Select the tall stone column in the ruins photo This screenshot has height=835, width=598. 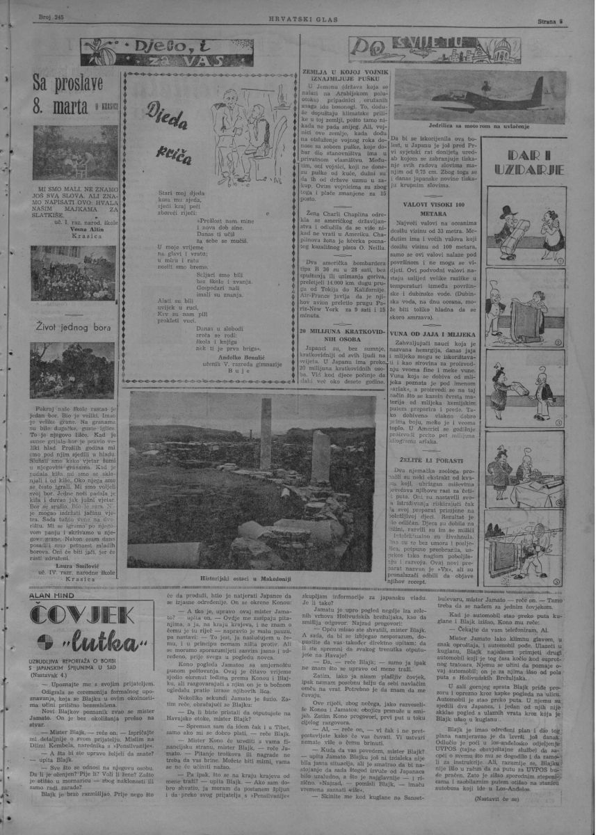point(265,434)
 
